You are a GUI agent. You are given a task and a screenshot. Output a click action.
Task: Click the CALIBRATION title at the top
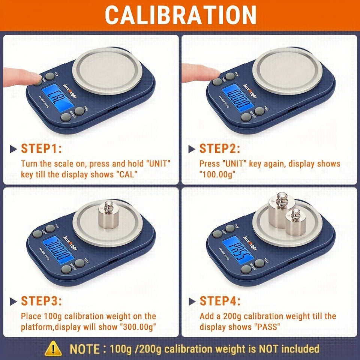point(180,15)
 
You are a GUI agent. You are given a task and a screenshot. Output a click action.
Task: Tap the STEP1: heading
point(41,148)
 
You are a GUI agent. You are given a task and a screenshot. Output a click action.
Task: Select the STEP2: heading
point(220,148)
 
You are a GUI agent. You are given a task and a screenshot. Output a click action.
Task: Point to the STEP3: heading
point(41,301)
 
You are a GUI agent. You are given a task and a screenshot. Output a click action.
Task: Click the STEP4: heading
point(220,301)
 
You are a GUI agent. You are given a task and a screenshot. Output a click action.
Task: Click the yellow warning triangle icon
point(53,349)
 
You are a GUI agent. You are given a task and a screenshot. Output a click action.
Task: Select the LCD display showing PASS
point(238,251)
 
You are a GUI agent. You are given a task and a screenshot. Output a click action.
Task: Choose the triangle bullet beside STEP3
point(14,301)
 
